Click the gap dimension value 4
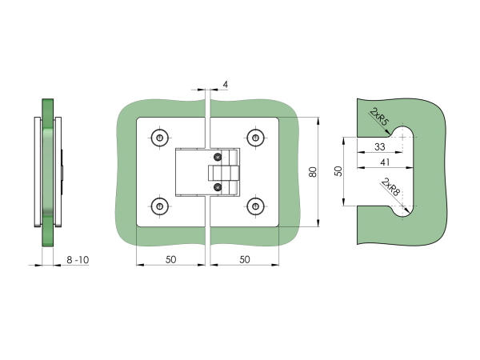[x=226, y=84]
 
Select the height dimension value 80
[x=313, y=170]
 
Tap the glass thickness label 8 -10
[x=78, y=260]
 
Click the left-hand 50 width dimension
[x=171, y=260]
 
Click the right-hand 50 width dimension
[x=245, y=260]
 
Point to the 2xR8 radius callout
[x=390, y=189]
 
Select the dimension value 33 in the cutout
[x=380, y=146]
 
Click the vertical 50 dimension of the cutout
[x=338, y=170]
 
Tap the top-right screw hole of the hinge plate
[x=255, y=137]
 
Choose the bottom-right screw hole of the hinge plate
[x=255, y=206]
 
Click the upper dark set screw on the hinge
[x=216, y=157]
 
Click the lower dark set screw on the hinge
[x=216, y=188]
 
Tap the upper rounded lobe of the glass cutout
[x=406, y=136]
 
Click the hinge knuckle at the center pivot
[x=224, y=172]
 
